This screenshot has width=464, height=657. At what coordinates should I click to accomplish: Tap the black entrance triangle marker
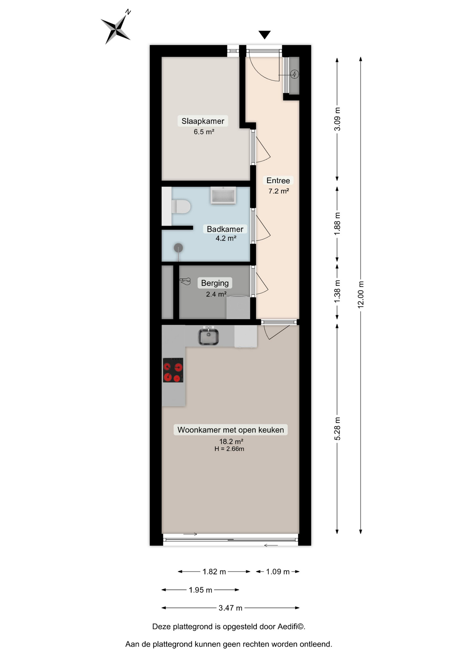pyautogui.click(x=264, y=35)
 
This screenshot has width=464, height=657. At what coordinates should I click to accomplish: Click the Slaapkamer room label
pyautogui.click(x=203, y=121)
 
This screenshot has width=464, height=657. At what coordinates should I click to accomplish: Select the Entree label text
pyautogui.click(x=278, y=181)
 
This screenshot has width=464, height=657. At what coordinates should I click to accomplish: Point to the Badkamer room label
pyautogui.click(x=225, y=229)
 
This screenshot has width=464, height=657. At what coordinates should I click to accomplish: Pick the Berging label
pyautogui.click(x=215, y=283)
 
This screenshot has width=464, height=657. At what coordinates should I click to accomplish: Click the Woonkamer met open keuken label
pyautogui.click(x=231, y=430)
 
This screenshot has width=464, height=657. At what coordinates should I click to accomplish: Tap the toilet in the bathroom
pyautogui.click(x=181, y=207)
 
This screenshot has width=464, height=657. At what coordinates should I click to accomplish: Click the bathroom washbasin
pyautogui.click(x=223, y=196)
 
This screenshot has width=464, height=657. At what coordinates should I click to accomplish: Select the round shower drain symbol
pyautogui.click(x=178, y=247)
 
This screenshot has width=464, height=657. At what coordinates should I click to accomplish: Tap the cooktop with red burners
pyautogui.click(x=173, y=370)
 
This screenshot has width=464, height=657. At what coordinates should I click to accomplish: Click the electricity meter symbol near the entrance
pyautogui.click(x=294, y=74)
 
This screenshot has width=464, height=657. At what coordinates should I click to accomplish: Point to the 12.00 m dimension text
pyautogui.click(x=361, y=295)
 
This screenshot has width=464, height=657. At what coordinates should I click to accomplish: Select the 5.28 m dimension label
pyautogui.click(x=337, y=429)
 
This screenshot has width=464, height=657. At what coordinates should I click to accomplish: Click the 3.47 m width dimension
pyautogui.click(x=230, y=608)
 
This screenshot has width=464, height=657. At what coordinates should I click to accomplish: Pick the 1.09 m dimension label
pyautogui.click(x=278, y=572)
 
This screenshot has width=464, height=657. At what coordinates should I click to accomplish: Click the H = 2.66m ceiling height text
pyautogui.click(x=229, y=449)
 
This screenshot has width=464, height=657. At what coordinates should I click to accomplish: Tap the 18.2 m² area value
pyautogui.click(x=231, y=441)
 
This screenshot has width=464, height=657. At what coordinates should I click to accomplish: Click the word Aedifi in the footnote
pyautogui.click(x=287, y=627)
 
